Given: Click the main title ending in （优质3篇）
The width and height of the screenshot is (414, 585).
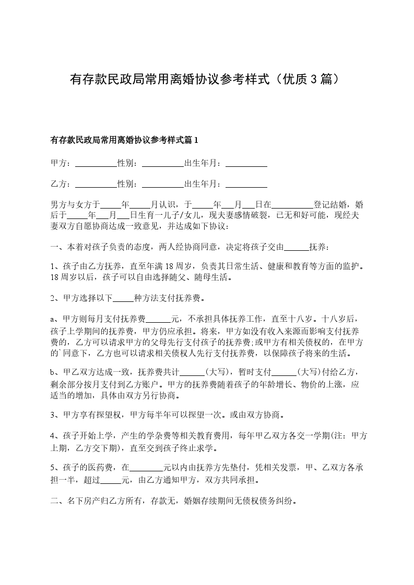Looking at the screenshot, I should (207, 79).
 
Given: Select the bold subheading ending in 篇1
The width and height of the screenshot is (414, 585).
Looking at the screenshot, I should (124, 140).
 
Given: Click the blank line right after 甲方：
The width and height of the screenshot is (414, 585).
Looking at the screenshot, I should (96, 164).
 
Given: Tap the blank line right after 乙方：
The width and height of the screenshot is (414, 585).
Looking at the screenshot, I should (96, 184).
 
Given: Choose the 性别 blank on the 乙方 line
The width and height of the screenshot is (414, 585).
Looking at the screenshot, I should (163, 184).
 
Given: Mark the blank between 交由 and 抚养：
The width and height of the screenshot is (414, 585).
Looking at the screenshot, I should (299, 247).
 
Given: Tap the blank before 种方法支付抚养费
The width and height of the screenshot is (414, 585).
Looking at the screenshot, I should (123, 299).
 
